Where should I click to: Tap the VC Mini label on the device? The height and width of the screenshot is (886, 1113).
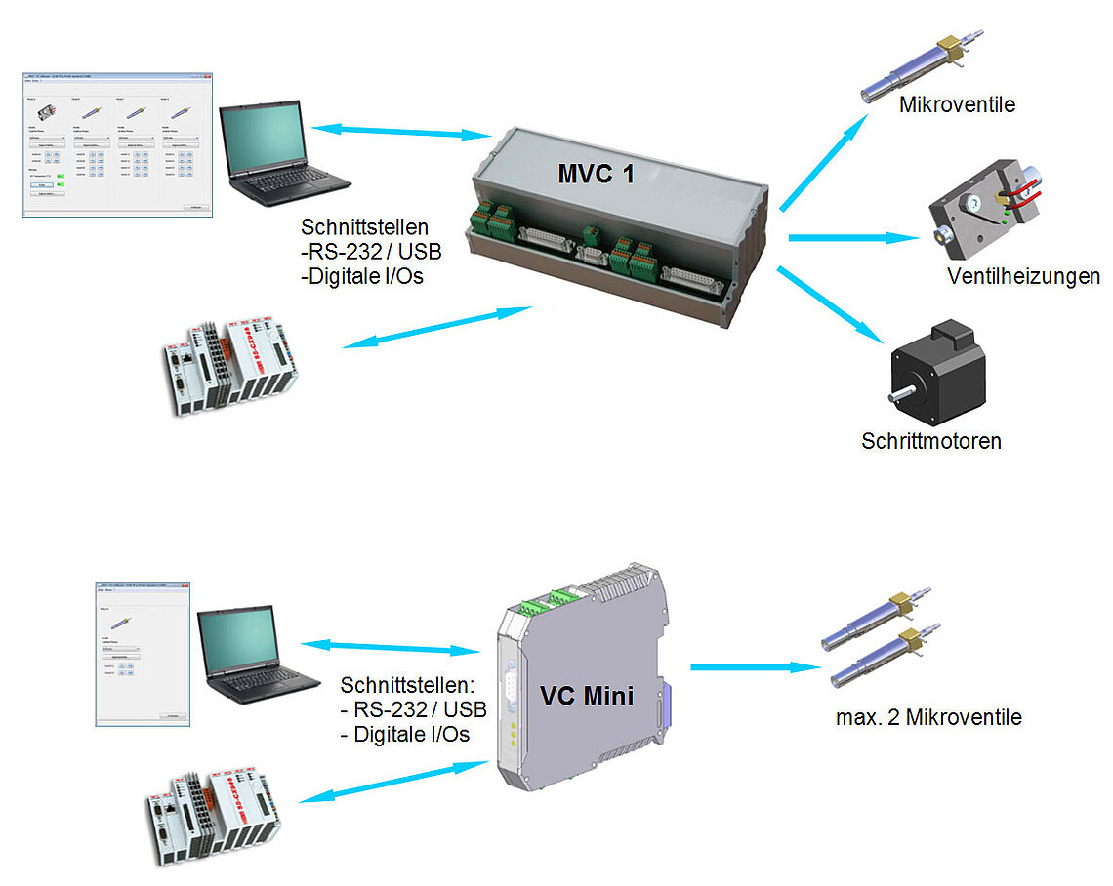pyautogui.click(x=587, y=696)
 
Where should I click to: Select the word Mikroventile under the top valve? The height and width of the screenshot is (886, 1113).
pyautogui.click(x=957, y=104)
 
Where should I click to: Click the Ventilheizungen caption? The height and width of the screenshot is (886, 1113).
pyautogui.click(x=1023, y=276)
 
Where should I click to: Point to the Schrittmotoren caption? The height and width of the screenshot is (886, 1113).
pyautogui.click(x=931, y=441)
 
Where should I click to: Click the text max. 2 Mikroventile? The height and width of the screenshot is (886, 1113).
pyautogui.click(x=928, y=717)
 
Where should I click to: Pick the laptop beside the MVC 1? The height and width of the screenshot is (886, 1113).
pyautogui.click(x=278, y=156)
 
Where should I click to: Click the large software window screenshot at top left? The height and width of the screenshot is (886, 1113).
pyautogui.click(x=117, y=142)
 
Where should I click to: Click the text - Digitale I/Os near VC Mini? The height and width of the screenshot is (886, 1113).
pyautogui.click(x=404, y=733)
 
